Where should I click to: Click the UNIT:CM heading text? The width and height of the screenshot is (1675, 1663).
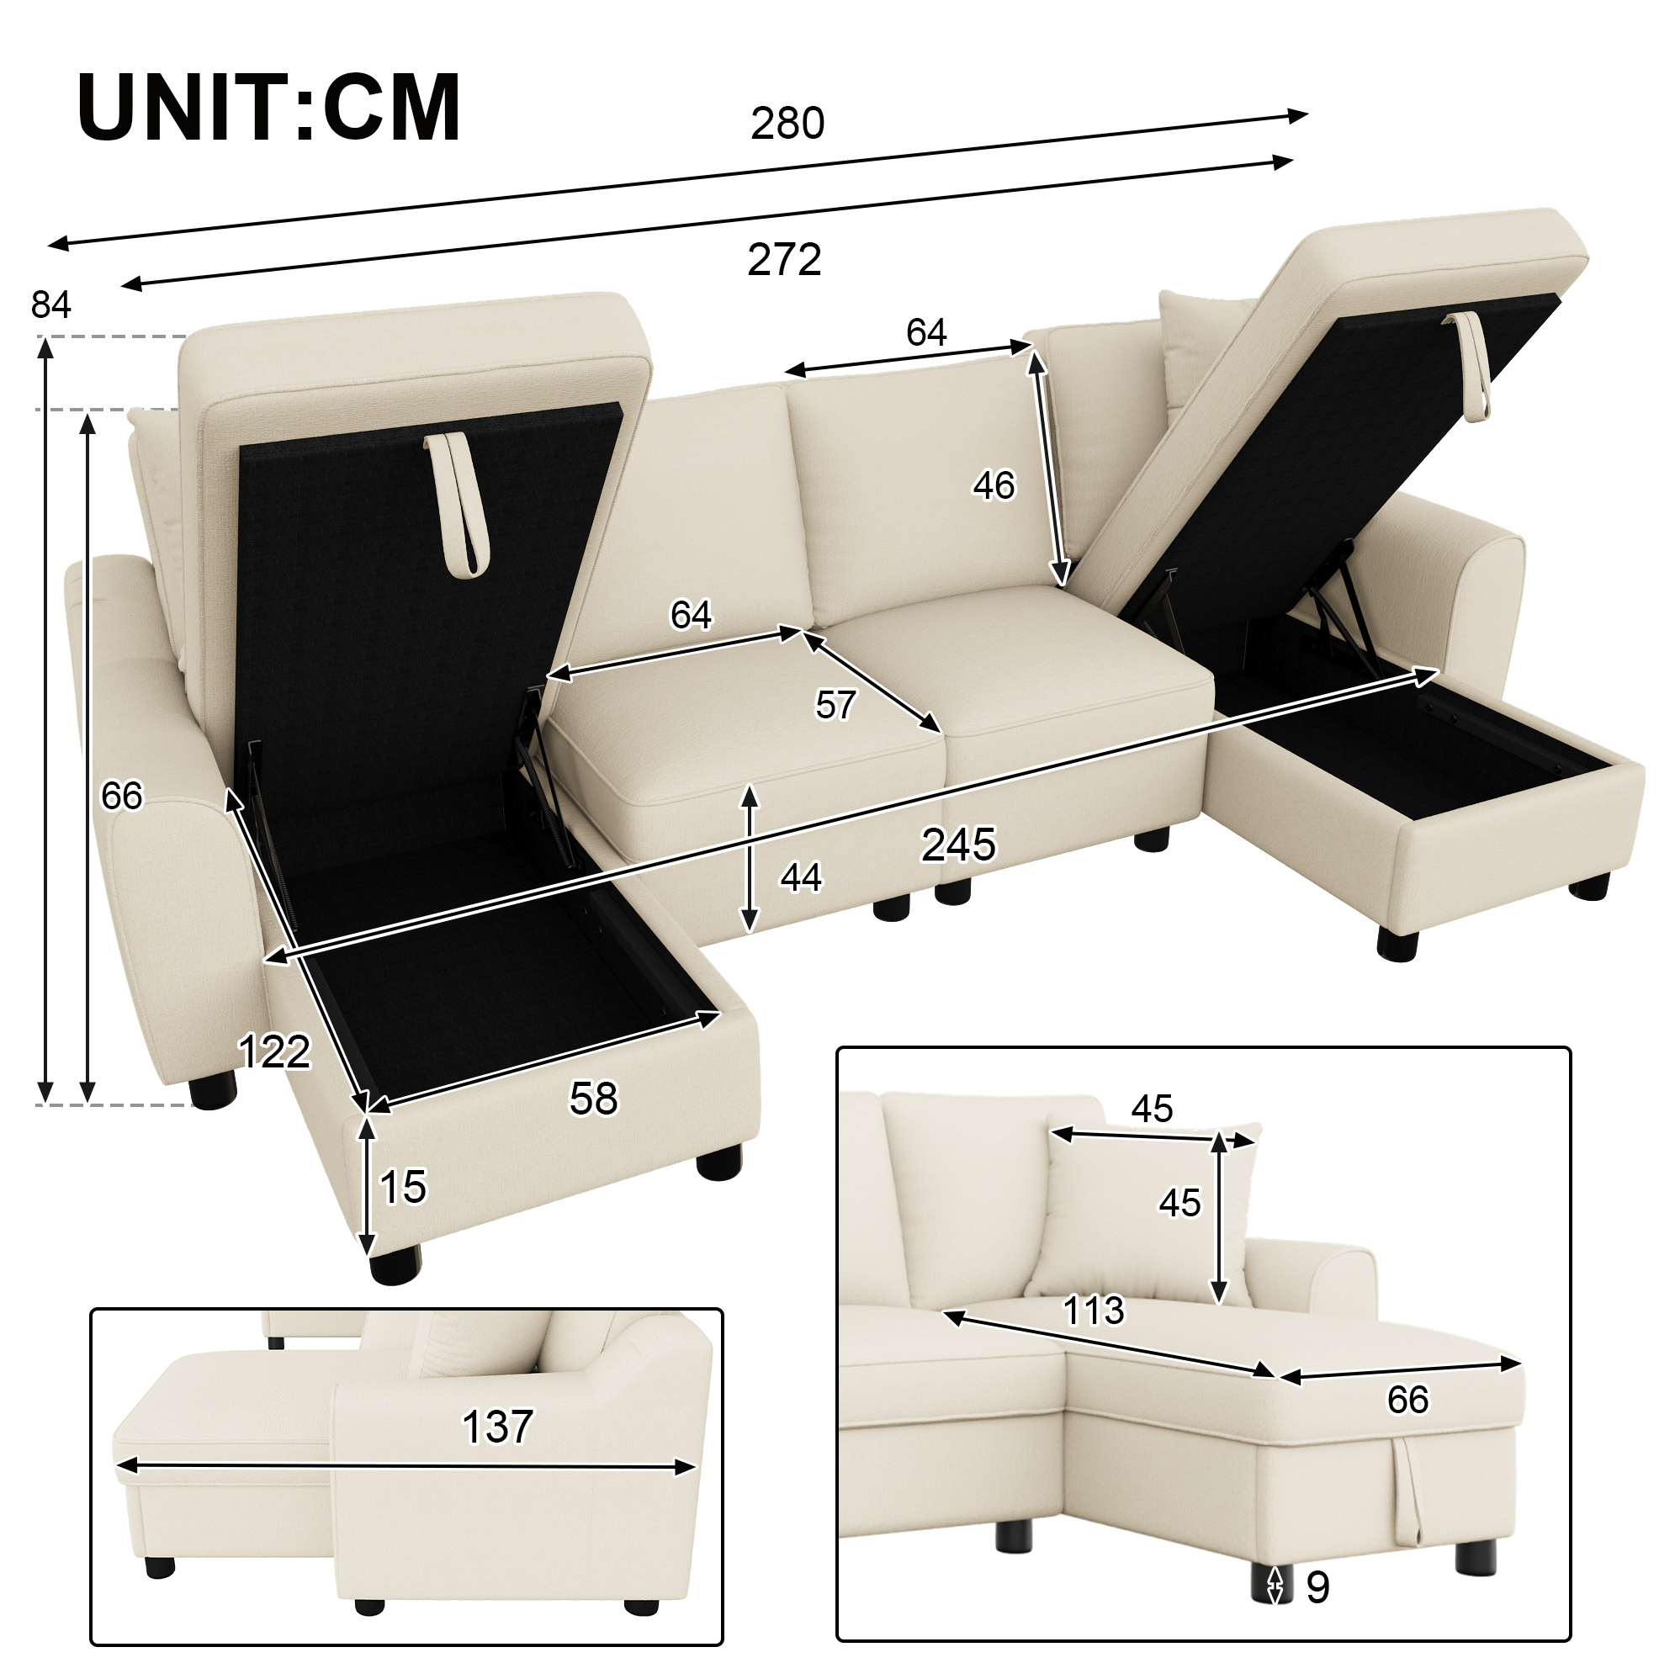click(268, 109)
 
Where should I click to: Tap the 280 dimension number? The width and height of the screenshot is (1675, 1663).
click(787, 124)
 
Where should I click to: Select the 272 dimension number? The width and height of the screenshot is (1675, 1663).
click(785, 260)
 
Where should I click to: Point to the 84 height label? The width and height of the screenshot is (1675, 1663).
click(51, 305)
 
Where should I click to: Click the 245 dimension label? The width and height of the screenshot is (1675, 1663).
click(959, 845)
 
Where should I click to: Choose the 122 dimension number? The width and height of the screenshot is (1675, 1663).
click(274, 1052)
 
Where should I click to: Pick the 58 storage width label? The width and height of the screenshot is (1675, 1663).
click(594, 1099)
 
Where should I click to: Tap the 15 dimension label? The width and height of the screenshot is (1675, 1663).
click(403, 1187)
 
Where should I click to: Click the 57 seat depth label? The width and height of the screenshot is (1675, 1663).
click(835, 705)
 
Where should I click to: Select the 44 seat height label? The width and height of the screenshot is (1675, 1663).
click(800, 877)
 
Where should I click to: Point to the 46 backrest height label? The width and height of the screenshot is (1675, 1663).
click(994, 485)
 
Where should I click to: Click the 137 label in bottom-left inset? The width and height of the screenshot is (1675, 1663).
click(498, 1427)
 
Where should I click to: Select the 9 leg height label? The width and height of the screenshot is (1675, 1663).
click(1317, 1587)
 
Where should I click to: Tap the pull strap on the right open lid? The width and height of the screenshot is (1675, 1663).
click(1468, 365)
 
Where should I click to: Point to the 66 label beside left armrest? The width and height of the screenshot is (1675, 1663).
click(121, 796)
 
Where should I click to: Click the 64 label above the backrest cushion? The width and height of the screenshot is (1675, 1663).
click(927, 332)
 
